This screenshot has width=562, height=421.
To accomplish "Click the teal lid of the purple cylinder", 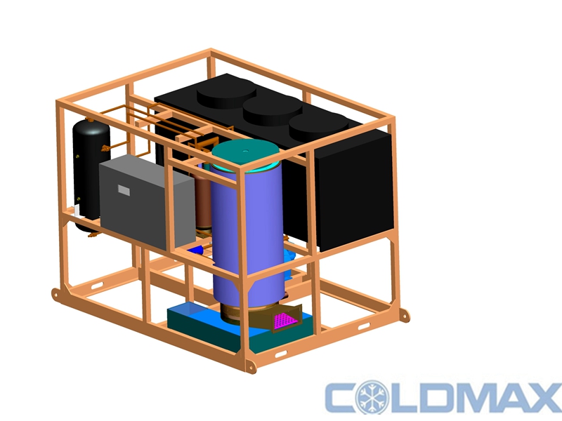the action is [x=245, y=152].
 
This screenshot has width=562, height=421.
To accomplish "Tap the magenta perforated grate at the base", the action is [x=285, y=321].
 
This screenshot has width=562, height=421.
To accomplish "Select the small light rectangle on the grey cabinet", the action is [x=124, y=190].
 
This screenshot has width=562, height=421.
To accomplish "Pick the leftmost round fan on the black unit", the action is [x=226, y=94].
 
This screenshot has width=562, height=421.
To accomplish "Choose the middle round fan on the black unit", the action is [x=273, y=111].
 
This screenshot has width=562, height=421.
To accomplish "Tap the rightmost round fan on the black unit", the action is [x=318, y=128].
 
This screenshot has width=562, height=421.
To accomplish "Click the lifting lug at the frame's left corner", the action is [x=56, y=295].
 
